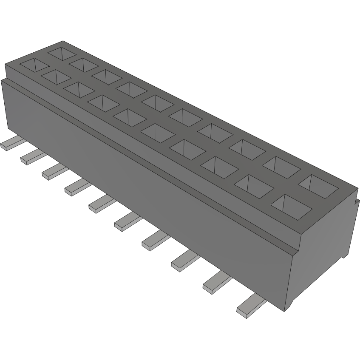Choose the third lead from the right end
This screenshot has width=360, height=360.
point(185,260)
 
